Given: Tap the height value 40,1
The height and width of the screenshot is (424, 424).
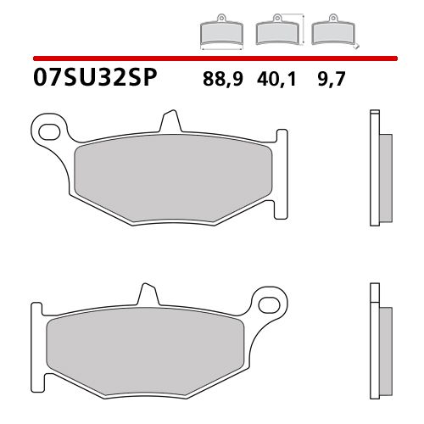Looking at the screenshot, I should click(x=274, y=81).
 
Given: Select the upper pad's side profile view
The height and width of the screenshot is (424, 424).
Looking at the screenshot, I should click(x=378, y=170).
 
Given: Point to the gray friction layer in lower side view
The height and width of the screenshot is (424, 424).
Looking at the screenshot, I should click(x=385, y=339).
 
